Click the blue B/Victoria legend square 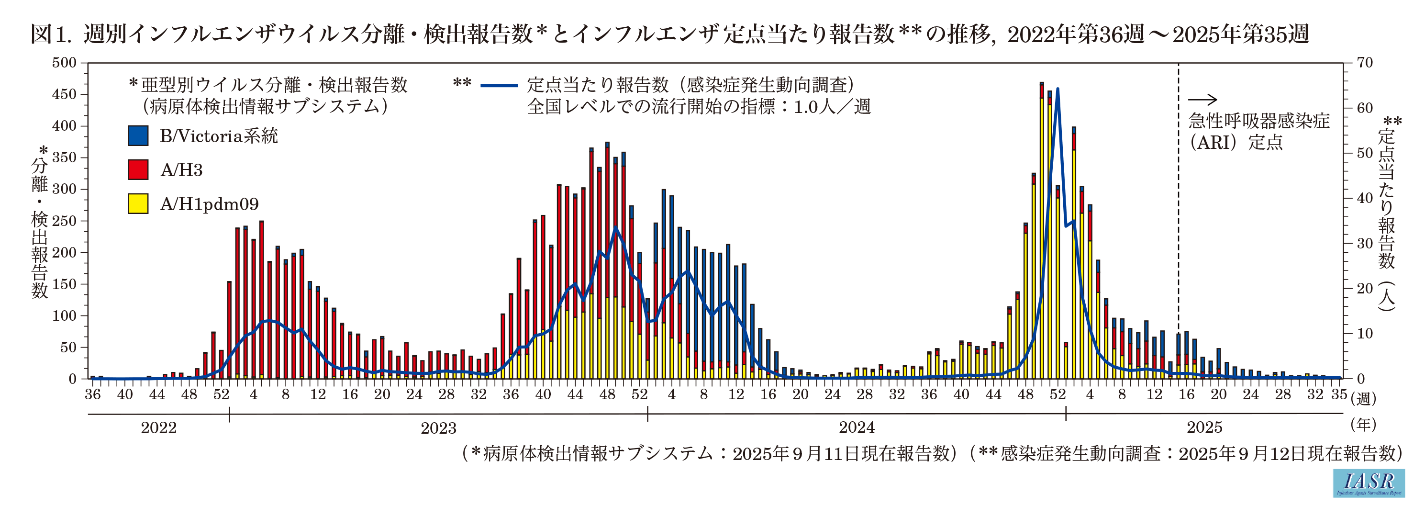138,135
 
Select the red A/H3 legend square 138,169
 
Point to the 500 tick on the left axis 64,63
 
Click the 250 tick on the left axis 64,221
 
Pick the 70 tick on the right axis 1365,63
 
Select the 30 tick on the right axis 1365,244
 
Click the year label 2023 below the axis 438,428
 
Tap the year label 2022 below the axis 159,428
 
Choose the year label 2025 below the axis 1204,428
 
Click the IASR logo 1368,483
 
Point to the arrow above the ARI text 1202,100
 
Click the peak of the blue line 1058,89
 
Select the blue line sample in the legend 499,86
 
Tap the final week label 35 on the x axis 1339,394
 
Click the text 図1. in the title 51,34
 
